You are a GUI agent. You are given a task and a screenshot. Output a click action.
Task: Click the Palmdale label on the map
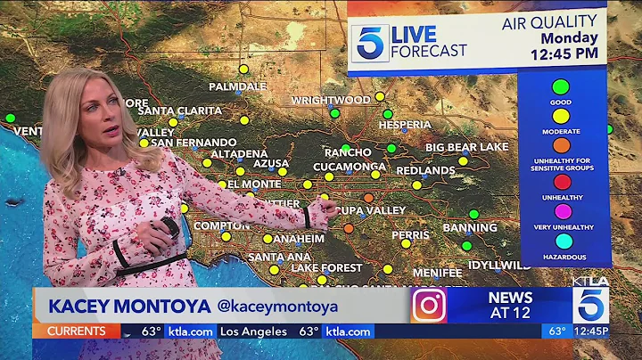click(237, 86)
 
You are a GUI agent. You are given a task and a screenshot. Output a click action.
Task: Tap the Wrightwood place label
click(330, 100)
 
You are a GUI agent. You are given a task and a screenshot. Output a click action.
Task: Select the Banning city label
click(469, 227)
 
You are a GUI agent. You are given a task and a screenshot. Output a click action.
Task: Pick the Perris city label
click(410, 234)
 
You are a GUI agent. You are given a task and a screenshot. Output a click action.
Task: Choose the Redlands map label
click(425, 169)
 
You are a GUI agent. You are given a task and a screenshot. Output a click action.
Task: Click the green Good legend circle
click(561, 87)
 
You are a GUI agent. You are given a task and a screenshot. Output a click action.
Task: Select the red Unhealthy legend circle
click(561, 182)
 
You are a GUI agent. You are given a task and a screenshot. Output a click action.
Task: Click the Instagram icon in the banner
click(428, 305)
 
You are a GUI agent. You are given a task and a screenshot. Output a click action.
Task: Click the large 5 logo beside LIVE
click(369, 43)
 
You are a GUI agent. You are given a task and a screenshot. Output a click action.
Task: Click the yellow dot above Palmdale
click(243, 69)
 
